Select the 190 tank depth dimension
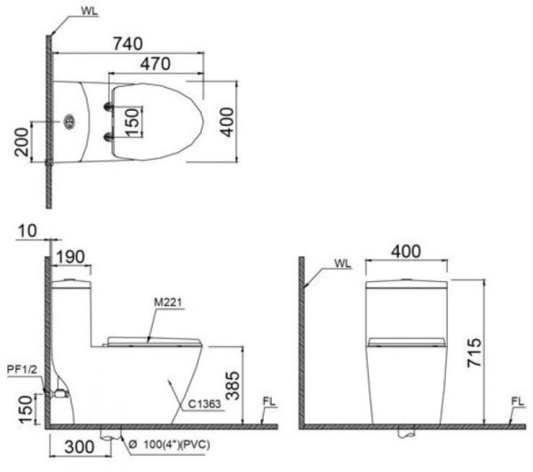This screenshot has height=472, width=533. coord(71,258)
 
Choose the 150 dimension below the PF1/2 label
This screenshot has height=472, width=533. coord(24,409)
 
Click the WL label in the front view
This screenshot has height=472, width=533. coord(343,264)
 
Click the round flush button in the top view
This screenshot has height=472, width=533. coord(68,121)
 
